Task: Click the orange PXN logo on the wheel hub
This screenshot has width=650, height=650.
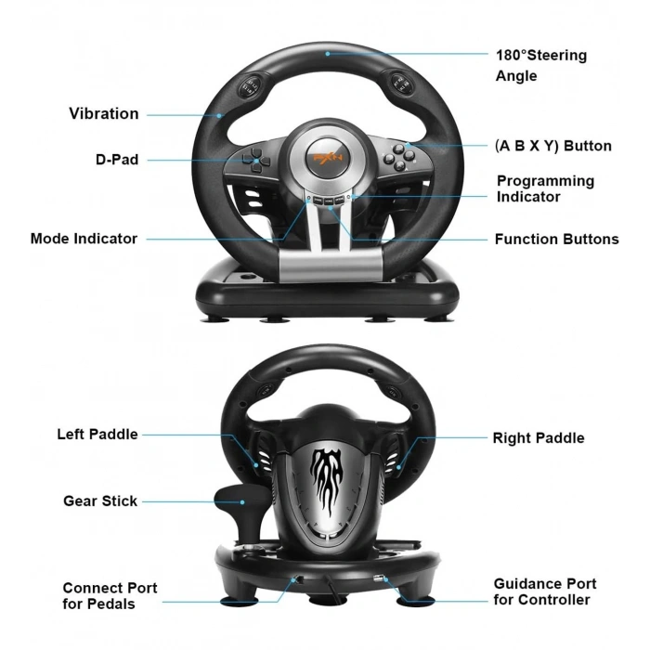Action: click(328, 158)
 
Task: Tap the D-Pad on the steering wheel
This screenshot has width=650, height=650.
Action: click(256, 161)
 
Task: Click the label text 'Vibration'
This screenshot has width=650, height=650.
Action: click(104, 113)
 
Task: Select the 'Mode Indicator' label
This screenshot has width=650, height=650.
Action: click(84, 239)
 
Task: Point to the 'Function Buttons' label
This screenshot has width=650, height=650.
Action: click(557, 240)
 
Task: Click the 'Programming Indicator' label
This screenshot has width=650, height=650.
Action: click(546, 188)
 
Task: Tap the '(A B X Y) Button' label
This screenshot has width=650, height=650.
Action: click(553, 146)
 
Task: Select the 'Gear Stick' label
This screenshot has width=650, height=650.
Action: click(100, 500)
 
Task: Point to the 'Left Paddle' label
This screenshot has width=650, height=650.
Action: click(97, 435)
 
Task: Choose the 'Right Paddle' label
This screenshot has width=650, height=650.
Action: click(539, 438)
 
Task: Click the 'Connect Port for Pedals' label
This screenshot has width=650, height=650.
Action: click(110, 596)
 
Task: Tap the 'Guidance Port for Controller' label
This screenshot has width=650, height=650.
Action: click(545, 591)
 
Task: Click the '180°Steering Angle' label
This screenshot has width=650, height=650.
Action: click(541, 66)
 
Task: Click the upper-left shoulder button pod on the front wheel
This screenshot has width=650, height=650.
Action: click(250, 85)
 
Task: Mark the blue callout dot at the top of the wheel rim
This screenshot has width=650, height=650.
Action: click(328, 54)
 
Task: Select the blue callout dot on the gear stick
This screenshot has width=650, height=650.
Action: click(242, 502)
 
